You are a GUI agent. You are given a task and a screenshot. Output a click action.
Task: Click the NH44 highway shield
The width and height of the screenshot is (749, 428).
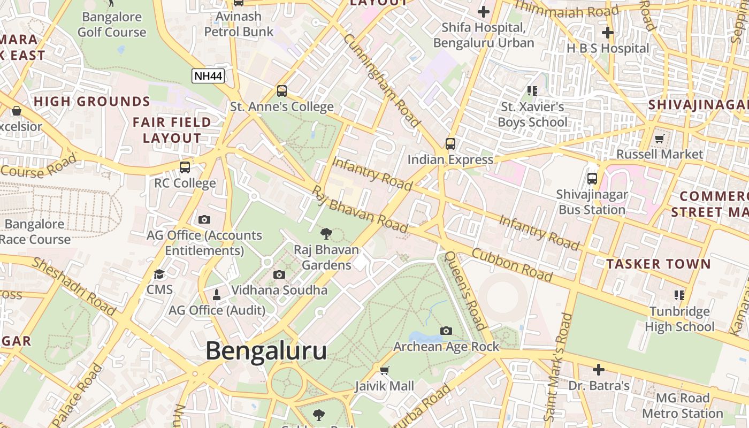tap(208, 76)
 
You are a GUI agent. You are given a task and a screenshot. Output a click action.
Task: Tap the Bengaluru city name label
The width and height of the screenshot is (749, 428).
tap(266, 351)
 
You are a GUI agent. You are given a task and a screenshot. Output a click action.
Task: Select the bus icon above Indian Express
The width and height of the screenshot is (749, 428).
tap(450, 143)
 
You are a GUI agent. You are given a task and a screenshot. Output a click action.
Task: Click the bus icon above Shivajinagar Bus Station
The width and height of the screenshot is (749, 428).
tap(592, 179)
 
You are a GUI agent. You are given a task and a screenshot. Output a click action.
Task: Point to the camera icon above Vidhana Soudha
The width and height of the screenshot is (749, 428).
tap(279, 274)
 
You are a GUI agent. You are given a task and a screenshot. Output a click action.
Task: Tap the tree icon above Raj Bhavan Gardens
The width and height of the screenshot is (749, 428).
tap(326, 233)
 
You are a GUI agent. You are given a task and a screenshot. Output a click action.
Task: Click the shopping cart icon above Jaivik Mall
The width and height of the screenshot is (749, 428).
tap(384, 370)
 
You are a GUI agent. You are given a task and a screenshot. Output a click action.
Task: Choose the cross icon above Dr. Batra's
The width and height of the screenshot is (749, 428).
tap(599, 369)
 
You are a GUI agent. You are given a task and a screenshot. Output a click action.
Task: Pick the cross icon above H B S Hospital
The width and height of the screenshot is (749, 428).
tap(607, 32)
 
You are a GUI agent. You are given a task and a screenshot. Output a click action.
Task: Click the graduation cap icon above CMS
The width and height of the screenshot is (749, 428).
tap(159, 274)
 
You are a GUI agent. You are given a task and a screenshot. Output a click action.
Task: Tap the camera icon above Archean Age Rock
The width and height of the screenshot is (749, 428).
tap(446, 331)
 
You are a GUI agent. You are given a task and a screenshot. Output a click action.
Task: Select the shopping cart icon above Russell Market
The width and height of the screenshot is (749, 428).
tap(659, 139)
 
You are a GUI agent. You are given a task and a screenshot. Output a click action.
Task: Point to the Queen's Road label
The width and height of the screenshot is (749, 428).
tap(465, 291)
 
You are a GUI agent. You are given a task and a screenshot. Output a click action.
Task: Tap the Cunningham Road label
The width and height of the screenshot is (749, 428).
tap(382, 81)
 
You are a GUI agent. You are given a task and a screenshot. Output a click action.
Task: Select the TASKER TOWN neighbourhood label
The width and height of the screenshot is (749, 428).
tap(659, 264)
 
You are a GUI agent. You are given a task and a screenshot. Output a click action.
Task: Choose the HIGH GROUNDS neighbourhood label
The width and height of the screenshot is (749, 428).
tap(92, 102)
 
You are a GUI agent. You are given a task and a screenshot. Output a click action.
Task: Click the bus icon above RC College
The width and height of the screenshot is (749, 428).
tap(185, 167)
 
